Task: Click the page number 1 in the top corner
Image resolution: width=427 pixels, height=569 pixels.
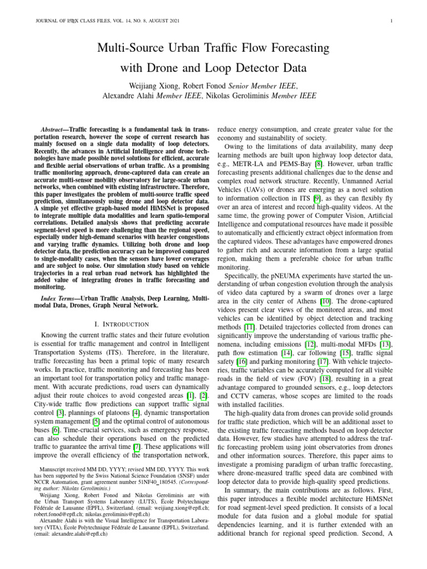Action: pos(392,22)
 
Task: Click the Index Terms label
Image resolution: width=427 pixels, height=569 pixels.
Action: pos(59,299)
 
